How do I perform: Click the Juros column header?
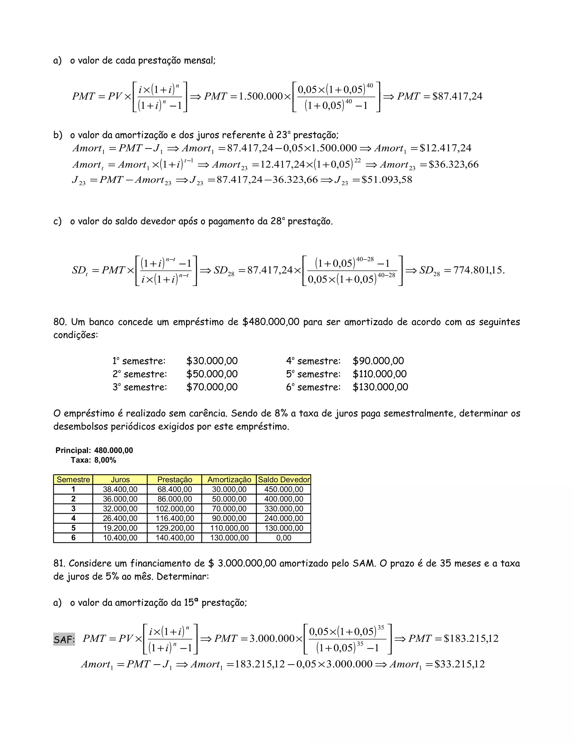pos(120,479)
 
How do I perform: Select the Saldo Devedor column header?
pos(284,479)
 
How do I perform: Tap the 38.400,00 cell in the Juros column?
pos(120,489)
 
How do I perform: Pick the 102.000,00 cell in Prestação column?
pos(175,508)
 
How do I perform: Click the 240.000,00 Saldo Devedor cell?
pos(284,518)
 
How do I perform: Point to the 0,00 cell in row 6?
pos(284,538)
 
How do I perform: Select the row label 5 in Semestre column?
pos(73,528)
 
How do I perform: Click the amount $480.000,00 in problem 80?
pos(271,322)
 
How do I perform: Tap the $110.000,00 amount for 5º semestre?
pos(379,374)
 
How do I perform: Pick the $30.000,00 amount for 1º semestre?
pos(212,361)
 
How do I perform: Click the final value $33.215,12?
pos(459,664)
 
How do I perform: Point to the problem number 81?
pos(59,563)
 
